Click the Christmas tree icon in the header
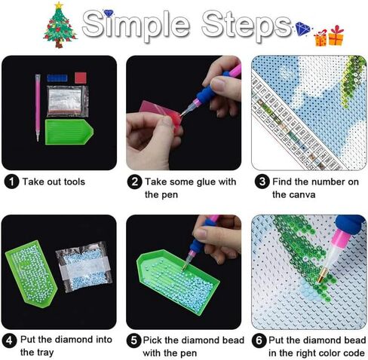coord(59,25)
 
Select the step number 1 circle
coord(11,181)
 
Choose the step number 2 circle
coord(133,181)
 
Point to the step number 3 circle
coord(261,181)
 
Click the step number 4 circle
coord(11,340)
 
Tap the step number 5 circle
coord(133,340)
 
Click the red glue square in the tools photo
coord(79,78)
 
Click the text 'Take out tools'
coord(54,181)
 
